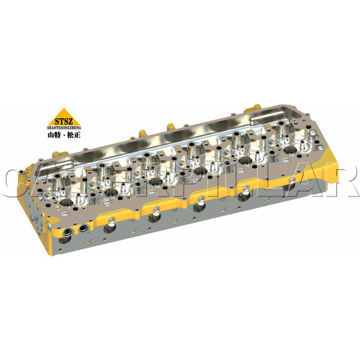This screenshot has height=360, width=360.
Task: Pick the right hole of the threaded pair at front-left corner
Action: [82, 227]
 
